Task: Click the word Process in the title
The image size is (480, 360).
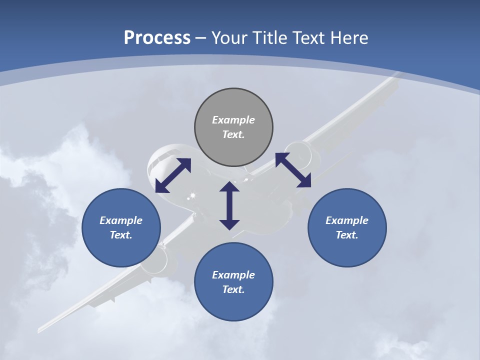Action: [157, 37]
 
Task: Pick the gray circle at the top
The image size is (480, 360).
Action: [233, 127]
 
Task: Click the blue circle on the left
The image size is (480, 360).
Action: [121, 227]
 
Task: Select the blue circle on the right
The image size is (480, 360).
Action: [347, 227]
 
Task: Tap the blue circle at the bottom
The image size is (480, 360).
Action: [233, 281]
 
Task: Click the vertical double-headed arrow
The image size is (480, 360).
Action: [229, 205]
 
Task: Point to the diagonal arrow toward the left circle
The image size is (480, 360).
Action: [173, 175]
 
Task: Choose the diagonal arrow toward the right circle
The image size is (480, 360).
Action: [293, 170]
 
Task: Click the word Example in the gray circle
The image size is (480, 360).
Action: [233, 120]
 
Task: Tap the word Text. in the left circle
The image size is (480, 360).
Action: [121, 235]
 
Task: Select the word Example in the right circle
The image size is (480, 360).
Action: [347, 220]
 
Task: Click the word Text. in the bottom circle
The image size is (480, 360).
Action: [233, 289]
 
